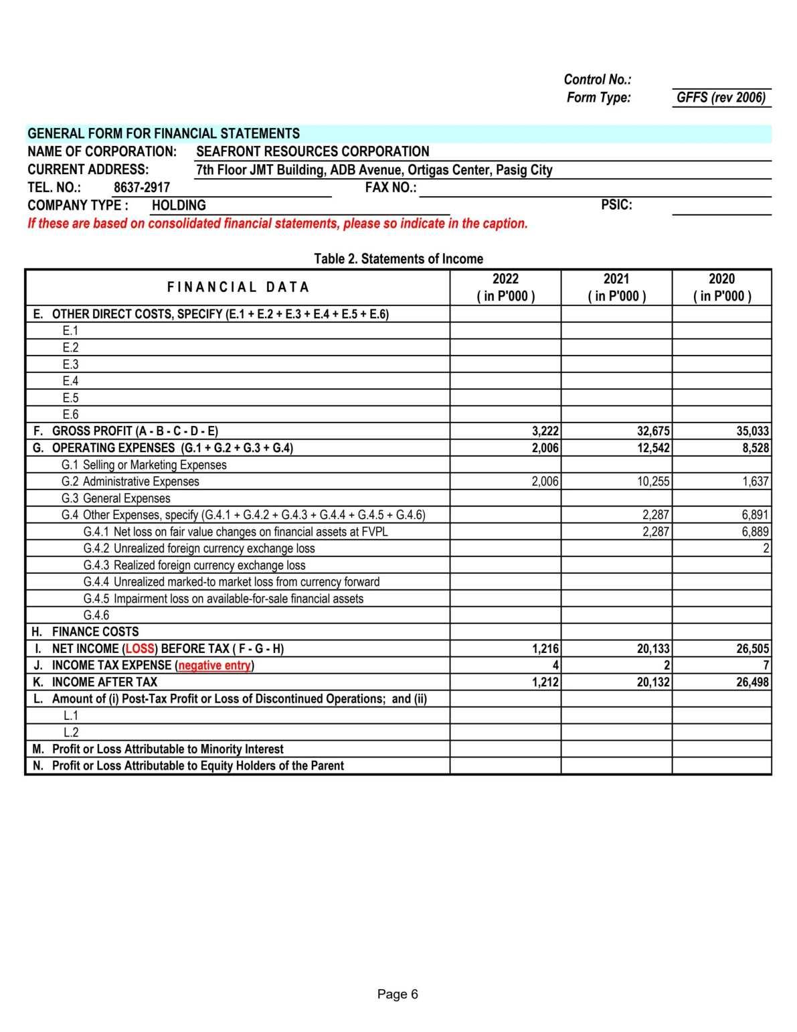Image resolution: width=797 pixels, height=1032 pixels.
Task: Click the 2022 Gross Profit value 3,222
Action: click(545, 431)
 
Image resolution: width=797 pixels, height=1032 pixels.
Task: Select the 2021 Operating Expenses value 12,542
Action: click(653, 448)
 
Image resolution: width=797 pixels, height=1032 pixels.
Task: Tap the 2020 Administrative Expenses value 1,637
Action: click(756, 482)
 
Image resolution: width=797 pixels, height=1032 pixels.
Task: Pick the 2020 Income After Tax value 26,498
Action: click(753, 682)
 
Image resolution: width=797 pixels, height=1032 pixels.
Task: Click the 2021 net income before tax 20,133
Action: click(653, 649)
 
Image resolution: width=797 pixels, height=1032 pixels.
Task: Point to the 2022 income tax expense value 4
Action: click(555, 666)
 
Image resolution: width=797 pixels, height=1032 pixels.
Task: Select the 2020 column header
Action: click(721, 287)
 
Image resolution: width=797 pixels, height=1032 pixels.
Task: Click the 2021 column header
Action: click(616, 287)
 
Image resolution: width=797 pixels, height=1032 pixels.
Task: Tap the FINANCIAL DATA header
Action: click(238, 287)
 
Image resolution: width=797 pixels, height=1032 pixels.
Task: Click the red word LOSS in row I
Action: click(139, 649)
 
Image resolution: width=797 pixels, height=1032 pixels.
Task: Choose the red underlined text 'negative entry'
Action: click(214, 666)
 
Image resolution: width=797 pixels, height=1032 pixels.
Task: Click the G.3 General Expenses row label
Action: click(116, 498)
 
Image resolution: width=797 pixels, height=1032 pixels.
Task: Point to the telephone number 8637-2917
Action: click(142, 188)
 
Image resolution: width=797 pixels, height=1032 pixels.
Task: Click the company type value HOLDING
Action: click(179, 206)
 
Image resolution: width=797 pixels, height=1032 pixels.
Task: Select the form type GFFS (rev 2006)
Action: click(721, 98)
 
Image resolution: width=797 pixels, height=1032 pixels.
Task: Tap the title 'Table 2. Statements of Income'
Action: click(398, 259)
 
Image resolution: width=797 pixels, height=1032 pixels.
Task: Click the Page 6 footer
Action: click(397, 994)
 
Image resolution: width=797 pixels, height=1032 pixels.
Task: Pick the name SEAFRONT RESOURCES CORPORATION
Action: click(313, 152)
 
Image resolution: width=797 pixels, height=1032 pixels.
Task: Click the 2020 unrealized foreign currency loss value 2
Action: click(766, 548)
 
